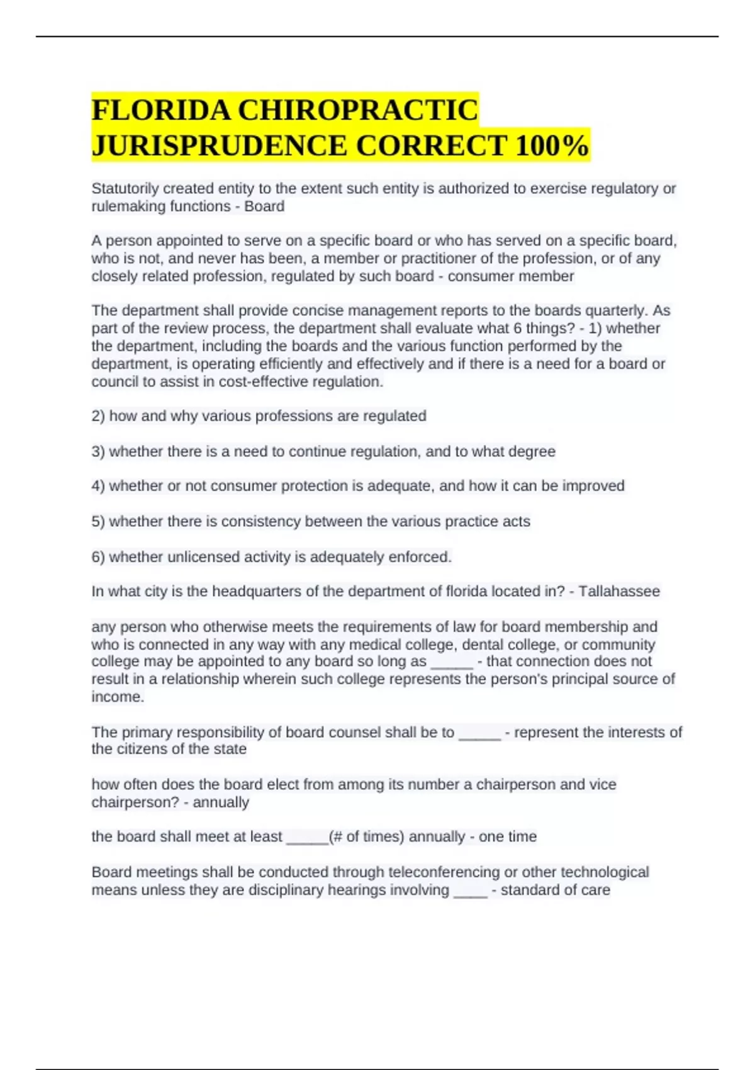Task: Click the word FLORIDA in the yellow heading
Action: (160, 110)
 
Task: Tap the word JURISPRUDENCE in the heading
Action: (219, 145)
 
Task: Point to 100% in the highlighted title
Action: (551, 145)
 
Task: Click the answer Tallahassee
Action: (619, 592)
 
